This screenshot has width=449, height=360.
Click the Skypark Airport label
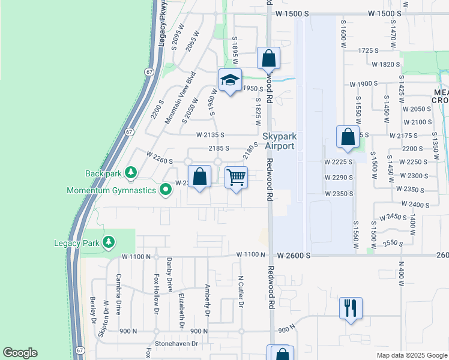point(279,142)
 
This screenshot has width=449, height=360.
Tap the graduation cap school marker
point(229,81)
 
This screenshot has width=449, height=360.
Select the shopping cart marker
point(237,177)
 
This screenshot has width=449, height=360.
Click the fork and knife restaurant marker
point(350,308)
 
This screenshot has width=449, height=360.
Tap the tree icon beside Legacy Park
point(108,242)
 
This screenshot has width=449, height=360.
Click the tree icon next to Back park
point(129,173)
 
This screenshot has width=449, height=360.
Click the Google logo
point(20,353)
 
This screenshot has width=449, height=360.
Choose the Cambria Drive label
point(118,294)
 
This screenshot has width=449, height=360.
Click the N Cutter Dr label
point(241,292)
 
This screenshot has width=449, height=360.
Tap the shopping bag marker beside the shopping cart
point(200,176)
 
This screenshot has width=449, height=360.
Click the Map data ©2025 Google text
point(411,355)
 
